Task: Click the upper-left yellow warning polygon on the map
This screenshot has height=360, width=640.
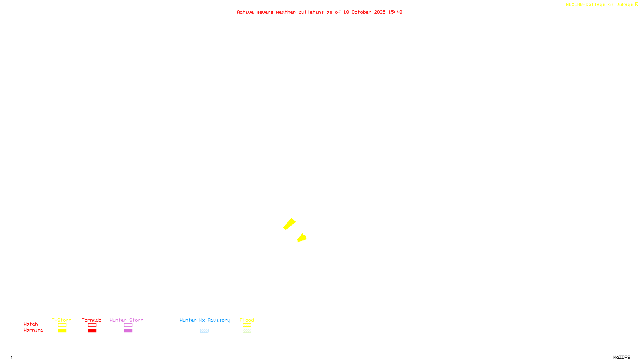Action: [x=290, y=224]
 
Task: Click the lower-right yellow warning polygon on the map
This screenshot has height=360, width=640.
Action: [x=302, y=238]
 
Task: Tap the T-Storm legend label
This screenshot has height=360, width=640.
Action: [x=62, y=320]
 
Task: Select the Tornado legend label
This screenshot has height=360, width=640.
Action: [x=92, y=320]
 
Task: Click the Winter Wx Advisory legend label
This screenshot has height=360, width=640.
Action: [x=205, y=320]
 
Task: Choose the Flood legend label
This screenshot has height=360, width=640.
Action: [x=247, y=320]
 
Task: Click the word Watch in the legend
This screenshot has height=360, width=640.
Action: [x=31, y=324]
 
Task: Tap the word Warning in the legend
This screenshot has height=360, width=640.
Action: [x=34, y=330]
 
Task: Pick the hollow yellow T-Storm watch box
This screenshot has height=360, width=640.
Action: [x=62, y=325]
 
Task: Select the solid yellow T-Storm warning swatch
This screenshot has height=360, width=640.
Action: [x=62, y=331]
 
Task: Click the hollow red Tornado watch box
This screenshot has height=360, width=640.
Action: [x=92, y=325]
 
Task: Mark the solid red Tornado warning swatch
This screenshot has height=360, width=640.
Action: [x=92, y=331]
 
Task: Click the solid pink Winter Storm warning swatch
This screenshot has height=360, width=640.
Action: [x=128, y=331]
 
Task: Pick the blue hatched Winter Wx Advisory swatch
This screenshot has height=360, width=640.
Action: [x=204, y=331]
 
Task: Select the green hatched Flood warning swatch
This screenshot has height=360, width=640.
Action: [x=247, y=331]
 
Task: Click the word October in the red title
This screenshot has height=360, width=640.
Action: [x=361, y=12]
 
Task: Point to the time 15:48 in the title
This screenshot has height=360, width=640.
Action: [x=395, y=12]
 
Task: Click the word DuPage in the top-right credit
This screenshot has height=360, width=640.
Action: [x=624, y=5]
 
